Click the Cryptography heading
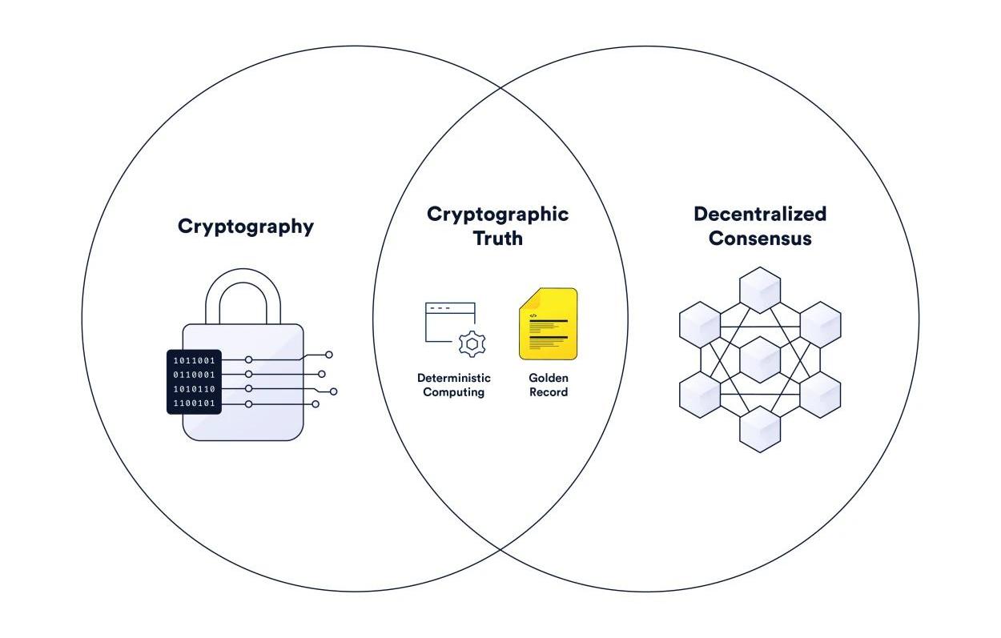246,227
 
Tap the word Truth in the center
497,239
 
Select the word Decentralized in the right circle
759,215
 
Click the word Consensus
759,239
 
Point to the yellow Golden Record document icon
548,324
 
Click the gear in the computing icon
472,343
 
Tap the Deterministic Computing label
454,385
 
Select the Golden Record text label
549,385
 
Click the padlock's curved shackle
243,292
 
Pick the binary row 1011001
195,361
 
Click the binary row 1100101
195,403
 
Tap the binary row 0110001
195,375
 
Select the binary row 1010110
195,389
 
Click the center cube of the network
760,359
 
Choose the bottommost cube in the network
760,429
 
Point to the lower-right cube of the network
820,395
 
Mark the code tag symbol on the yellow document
533,315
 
